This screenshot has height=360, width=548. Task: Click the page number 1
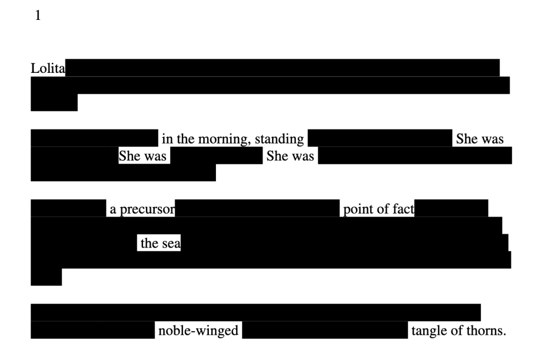coord(37,16)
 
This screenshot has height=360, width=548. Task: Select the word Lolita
coord(48,69)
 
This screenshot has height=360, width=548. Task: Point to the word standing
coord(279,139)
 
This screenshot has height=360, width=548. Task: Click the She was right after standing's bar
coord(479,139)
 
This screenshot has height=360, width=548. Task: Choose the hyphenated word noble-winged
coord(198,331)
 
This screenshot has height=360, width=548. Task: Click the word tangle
coord(429,331)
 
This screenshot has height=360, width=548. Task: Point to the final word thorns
coord(486,331)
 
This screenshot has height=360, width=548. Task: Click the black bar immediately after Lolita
coord(282,67)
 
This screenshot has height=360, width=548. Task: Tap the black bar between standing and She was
coord(380,138)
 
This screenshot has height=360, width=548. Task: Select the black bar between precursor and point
coord(257,208)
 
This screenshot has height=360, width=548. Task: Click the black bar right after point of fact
coord(451,208)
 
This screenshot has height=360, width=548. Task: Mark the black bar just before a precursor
coord(68,208)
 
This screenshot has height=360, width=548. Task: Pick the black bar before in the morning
coord(94,138)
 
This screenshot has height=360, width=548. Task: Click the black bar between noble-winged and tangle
coord(325,330)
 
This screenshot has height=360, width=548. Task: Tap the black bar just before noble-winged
coord(93,330)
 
